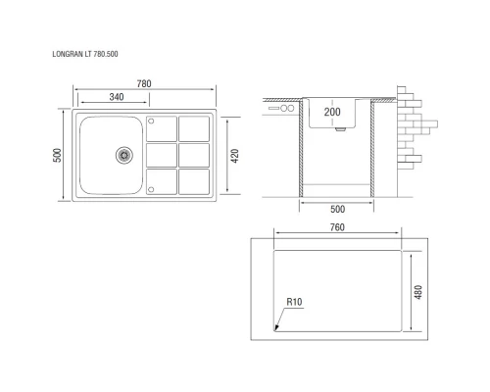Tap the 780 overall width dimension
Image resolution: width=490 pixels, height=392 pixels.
pyautogui.click(x=144, y=85)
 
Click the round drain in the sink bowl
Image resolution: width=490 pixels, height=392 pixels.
pyautogui.click(x=123, y=153)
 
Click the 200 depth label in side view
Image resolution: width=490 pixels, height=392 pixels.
pyautogui.click(x=332, y=114)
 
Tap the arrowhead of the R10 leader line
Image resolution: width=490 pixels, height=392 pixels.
pyautogui.click(x=277, y=327)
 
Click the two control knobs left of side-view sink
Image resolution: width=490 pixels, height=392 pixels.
pyautogui.click(x=288, y=109)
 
